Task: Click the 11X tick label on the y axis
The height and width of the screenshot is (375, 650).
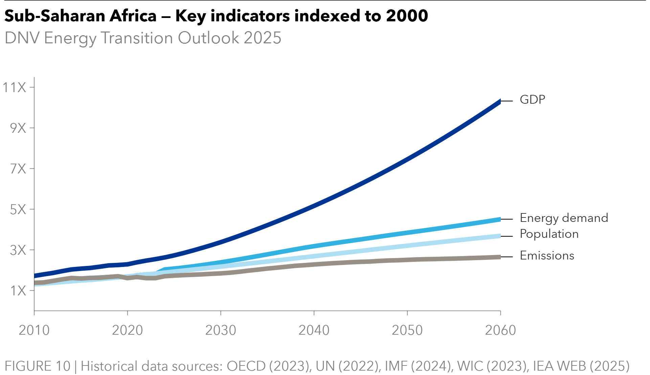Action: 14,88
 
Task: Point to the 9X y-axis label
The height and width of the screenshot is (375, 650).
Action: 18,128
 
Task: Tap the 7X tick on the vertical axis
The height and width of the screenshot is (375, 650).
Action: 18,169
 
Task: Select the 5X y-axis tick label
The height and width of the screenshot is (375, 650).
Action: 18,210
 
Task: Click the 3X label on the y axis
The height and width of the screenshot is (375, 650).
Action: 18,250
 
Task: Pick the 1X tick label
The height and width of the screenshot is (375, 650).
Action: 18,291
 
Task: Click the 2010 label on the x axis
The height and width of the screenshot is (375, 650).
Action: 34,330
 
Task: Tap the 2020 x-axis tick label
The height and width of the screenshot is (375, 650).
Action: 128,330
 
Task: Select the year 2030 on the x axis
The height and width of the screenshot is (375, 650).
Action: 221,330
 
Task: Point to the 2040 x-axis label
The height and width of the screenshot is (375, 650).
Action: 314,330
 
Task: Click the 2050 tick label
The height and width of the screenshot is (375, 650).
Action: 407,330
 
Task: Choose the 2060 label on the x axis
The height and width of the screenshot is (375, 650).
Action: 500,330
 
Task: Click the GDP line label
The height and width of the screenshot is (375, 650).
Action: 533,100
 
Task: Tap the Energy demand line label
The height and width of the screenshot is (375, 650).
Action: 564,218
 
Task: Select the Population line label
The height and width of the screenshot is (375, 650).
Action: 549,234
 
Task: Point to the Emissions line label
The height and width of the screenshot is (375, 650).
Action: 547,255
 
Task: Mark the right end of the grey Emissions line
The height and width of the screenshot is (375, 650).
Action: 499,257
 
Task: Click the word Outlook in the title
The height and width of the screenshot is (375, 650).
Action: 208,38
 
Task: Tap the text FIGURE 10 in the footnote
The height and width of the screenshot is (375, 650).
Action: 38,366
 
